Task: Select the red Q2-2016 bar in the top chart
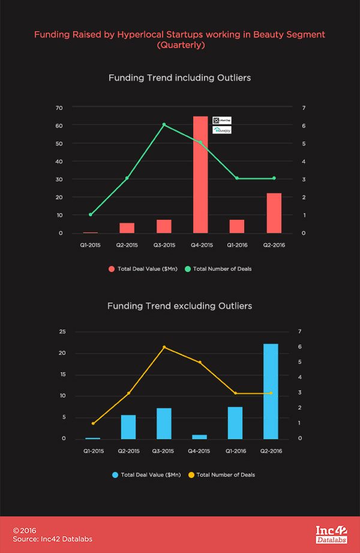click(274, 213)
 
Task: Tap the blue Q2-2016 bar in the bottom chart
click(271, 391)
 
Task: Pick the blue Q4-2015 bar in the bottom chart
click(200, 437)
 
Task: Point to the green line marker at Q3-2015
click(164, 124)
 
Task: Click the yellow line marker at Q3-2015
click(164, 347)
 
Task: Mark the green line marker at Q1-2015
click(91, 214)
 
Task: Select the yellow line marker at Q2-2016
click(271, 393)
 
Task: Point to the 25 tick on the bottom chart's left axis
click(61, 331)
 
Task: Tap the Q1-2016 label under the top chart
click(236, 246)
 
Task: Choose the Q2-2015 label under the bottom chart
click(128, 451)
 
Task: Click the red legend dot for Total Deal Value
click(111, 268)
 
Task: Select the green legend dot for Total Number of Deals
click(187, 268)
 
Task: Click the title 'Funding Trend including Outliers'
click(179, 78)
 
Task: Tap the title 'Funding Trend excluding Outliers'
click(179, 306)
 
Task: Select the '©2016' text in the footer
click(25, 531)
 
